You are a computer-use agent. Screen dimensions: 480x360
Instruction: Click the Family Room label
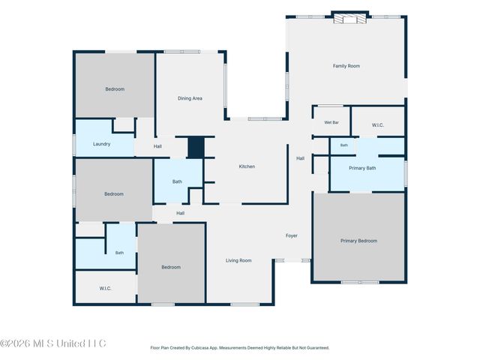tap(346, 66)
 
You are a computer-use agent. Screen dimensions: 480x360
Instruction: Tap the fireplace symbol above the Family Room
tap(350, 19)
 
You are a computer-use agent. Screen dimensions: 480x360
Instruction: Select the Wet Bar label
tap(331, 122)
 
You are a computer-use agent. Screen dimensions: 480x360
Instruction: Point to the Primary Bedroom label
tap(358, 241)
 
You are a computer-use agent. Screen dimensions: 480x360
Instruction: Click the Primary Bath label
tap(362, 168)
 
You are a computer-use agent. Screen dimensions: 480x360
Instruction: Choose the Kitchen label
tap(247, 166)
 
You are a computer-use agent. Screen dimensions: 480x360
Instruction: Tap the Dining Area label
tap(190, 98)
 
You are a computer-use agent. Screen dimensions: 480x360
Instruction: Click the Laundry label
tap(102, 144)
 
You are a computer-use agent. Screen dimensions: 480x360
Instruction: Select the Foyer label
tap(292, 235)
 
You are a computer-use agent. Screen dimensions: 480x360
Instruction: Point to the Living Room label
tap(238, 260)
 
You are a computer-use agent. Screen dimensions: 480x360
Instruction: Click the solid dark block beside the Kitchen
tap(196, 147)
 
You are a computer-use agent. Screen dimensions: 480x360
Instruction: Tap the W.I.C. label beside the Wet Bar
tap(378, 125)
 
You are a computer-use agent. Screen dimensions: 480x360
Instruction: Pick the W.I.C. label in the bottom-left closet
tap(105, 288)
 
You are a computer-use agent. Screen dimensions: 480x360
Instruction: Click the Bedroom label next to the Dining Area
tap(115, 89)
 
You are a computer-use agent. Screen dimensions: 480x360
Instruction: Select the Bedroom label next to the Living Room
tap(171, 267)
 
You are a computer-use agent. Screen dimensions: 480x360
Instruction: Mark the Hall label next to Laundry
tap(157, 146)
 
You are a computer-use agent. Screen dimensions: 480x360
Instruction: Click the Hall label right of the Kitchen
tap(300, 158)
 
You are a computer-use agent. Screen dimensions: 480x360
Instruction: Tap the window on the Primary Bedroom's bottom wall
tap(360, 282)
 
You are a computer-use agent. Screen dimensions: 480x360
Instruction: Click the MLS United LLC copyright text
tap(53, 343)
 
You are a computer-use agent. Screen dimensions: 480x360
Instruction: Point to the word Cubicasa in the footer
tap(200, 348)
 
